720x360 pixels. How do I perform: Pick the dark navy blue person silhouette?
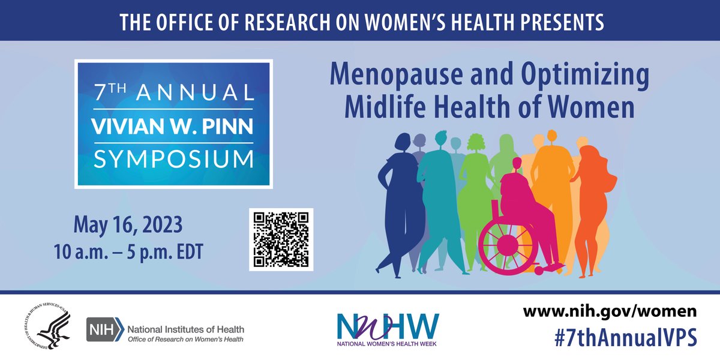click(x=401, y=198)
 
